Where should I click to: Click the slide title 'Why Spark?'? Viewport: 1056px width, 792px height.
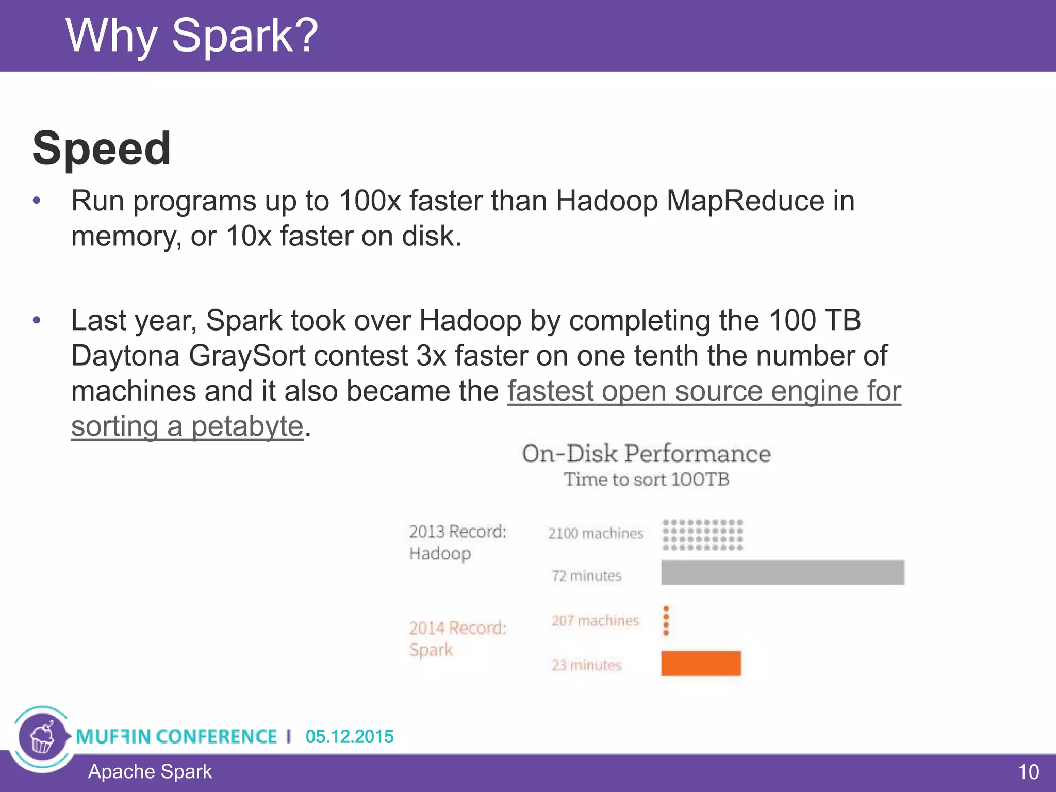pos(192,36)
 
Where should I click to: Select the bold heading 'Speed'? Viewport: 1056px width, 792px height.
pos(102,148)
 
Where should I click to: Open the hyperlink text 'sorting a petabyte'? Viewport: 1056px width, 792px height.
pos(187,426)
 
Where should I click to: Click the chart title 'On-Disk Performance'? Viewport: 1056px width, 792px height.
pos(646,454)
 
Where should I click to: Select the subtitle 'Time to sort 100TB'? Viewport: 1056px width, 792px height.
pos(646,480)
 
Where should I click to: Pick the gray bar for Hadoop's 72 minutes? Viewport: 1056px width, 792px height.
pos(782,572)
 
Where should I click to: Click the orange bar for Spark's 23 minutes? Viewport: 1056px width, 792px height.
pos(701,663)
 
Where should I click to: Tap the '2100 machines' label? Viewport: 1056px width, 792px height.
pos(596,533)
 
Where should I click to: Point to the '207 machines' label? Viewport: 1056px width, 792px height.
pos(595,620)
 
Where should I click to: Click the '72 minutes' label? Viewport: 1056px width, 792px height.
pos(586,575)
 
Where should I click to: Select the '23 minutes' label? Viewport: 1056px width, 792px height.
pos(586,665)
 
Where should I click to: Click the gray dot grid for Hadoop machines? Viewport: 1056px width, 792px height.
pos(702,535)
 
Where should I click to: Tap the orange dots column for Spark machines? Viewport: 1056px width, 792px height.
pos(666,620)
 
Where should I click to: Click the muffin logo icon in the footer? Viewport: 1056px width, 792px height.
pos(42,737)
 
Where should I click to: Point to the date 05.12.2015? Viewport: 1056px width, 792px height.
pos(349,736)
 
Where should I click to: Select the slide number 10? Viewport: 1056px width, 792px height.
pos(1028,772)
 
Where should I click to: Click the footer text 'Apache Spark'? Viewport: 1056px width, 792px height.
pos(150,771)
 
